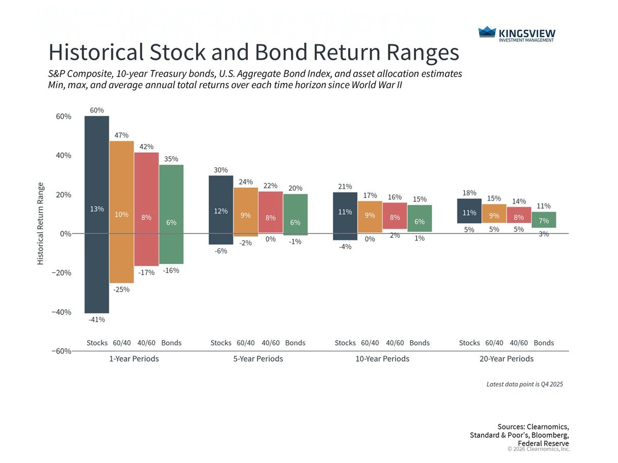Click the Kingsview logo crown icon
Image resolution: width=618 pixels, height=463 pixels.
(487, 32)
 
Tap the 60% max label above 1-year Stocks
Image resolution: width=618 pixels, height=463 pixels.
(97, 110)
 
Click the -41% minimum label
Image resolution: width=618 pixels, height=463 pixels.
(97, 319)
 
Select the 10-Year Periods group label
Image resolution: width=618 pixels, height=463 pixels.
(382, 359)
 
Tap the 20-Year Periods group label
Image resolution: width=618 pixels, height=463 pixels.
(506, 359)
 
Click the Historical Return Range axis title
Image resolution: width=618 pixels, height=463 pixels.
(40, 224)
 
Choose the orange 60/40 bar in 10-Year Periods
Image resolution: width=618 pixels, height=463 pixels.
(370, 216)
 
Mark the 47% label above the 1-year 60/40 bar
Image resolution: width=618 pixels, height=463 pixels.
(122, 135)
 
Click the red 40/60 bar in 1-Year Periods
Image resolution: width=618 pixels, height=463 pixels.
(146, 206)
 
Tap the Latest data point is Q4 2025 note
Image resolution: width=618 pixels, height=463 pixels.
(525, 384)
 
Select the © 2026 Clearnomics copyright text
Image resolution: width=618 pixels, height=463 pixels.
(538, 449)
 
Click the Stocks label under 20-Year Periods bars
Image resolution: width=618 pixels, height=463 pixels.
(469, 343)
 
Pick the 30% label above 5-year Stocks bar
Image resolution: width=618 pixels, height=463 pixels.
(220, 170)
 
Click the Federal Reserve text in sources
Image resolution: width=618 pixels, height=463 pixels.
(543, 443)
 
